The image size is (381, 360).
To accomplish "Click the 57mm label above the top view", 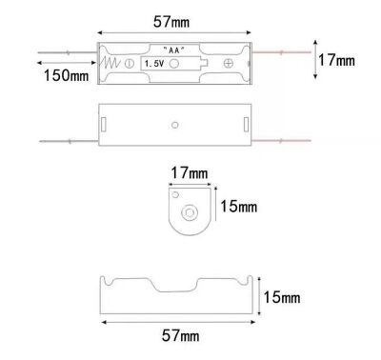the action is click(x=171, y=22).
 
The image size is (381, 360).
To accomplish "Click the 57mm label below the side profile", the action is click(x=181, y=335).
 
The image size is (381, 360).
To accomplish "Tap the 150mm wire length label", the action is click(x=66, y=75).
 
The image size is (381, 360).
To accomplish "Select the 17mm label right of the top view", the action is click(x=336, y=60).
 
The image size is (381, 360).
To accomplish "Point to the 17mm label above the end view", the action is click(x=190, y=173).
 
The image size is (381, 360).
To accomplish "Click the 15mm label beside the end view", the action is click(x=239, y=207).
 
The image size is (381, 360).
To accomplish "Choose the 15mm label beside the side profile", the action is click(x=282, y=297).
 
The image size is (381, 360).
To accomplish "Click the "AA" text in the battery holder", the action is click(x=173, y=50).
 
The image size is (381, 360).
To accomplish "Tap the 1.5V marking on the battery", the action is click(x=154, y=64).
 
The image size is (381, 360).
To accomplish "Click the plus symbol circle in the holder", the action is click(x=229, y=63).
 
